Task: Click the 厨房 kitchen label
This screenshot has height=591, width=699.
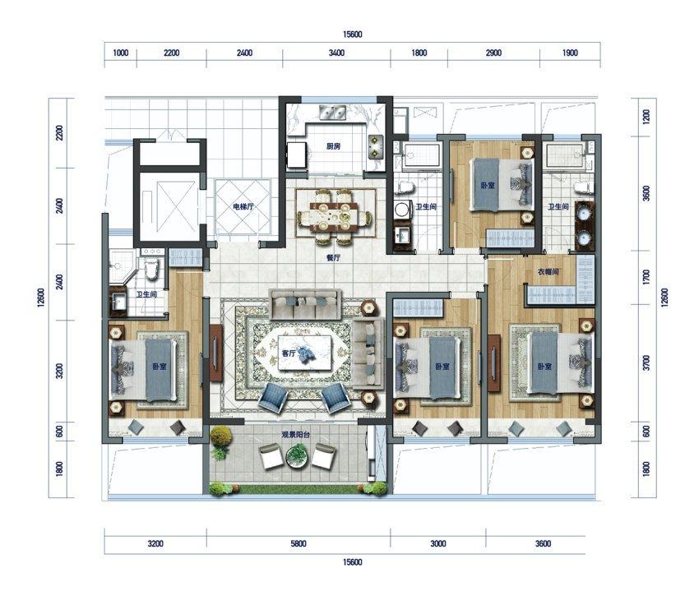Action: coord(333,146)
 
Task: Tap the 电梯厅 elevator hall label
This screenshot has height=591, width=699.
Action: coord(243,206)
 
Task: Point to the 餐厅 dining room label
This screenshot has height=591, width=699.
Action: coord(333,257)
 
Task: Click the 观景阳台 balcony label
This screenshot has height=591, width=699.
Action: coord(295,435)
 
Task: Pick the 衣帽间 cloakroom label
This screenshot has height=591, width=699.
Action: coord(548,271)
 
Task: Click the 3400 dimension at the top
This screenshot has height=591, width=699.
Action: coord(336,53)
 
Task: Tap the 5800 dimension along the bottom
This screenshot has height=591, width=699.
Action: coord(299,544)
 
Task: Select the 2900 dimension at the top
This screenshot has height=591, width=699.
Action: coord(493,53)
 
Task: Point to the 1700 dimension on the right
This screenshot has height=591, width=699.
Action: coord(647,277)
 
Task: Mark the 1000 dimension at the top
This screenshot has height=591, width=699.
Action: coord(120,53)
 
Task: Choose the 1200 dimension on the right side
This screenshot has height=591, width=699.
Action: coord(647,117)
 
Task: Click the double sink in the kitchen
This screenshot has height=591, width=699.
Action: coord(333,113)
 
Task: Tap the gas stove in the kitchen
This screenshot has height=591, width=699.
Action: coord(375,146)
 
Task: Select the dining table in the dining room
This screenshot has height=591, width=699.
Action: coord(335,217)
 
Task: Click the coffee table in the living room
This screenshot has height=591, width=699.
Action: coord(305,352)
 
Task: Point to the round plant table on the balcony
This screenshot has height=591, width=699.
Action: coord(296,456)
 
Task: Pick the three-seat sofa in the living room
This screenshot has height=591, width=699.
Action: coord(305,304)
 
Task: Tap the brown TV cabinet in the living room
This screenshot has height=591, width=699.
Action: coord(215,353)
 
